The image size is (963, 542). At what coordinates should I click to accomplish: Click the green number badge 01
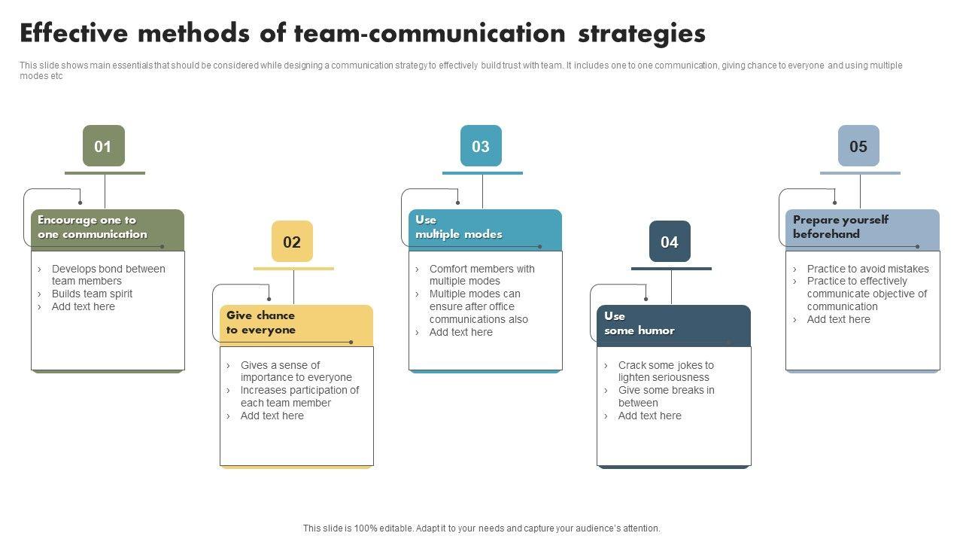point(103,146)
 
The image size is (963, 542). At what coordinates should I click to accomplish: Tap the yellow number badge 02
point(292,242)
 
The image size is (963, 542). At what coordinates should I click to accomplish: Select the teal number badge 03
point(481,146)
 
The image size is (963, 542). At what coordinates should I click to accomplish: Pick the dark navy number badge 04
point(670,242)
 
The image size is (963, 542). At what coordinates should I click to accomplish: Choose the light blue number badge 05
point(858,146)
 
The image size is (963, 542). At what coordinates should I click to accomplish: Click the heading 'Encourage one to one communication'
point(93,227)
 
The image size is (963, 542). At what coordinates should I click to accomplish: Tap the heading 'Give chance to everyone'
point(261,322)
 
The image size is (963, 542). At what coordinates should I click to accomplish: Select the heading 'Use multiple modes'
point(458,227)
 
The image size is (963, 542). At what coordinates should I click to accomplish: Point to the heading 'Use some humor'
point(639,323)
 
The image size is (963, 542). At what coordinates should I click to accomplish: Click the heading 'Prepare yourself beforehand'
point(840,227)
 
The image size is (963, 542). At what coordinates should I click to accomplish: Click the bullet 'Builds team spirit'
point(92,294)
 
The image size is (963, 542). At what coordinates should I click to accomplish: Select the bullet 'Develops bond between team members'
point(108,275)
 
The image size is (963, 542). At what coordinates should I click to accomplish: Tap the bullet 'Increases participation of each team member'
point(299,397)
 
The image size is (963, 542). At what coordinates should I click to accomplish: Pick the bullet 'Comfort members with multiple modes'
point(481,275)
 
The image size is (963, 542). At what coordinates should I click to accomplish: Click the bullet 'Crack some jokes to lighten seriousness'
point(665,371)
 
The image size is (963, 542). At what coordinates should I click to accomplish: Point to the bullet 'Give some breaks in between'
point(666,397)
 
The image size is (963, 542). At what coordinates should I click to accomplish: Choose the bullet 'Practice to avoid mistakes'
point(867,269)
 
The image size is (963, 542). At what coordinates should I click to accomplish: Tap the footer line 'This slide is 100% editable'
point(481,528)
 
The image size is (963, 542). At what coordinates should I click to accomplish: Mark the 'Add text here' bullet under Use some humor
point(649,416)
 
